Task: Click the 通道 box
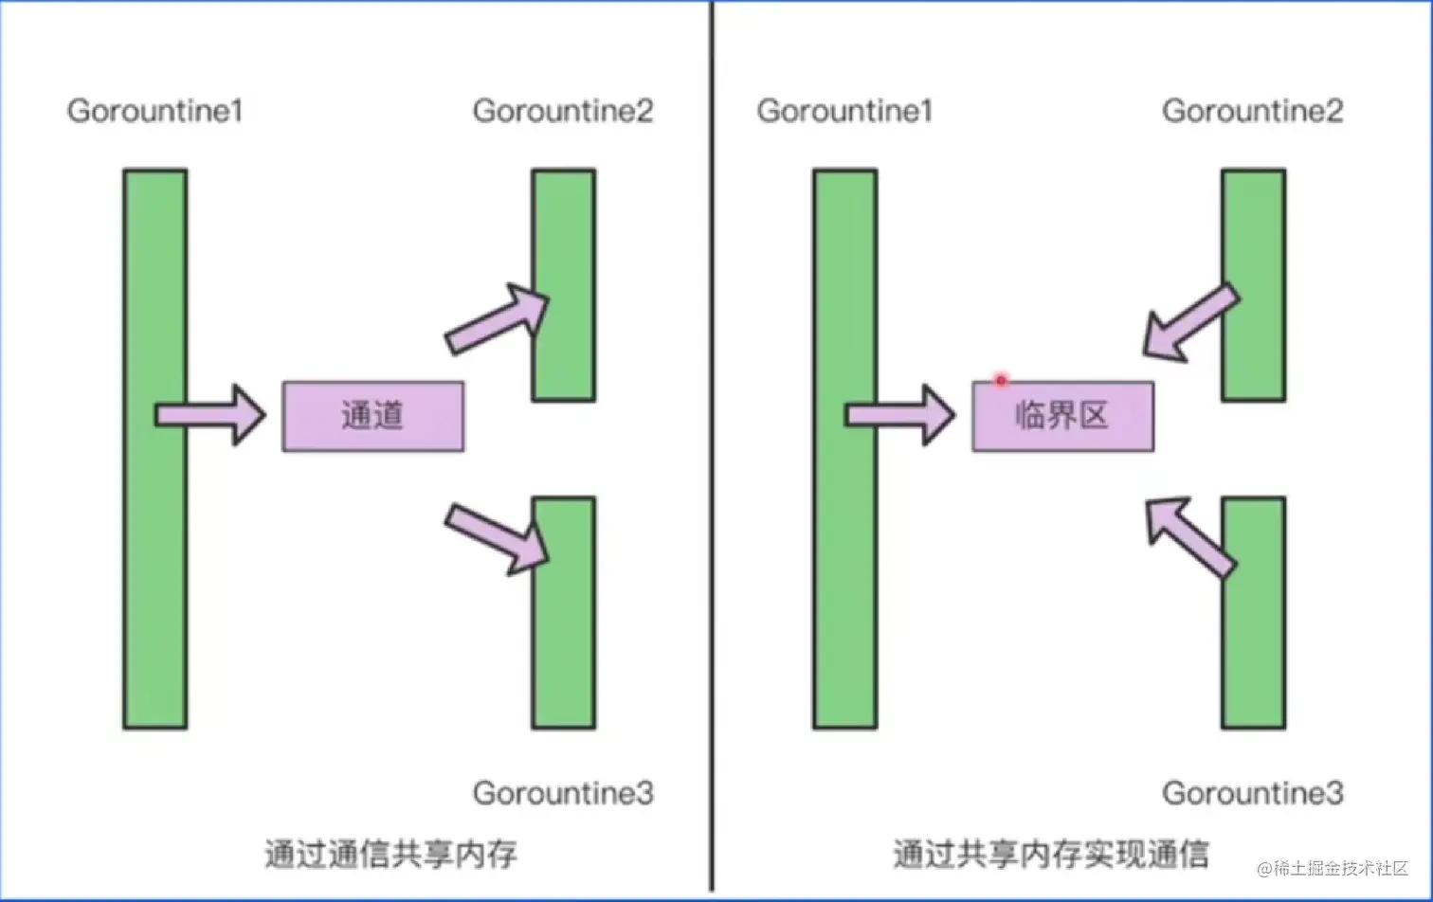373,416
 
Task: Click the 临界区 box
1062,416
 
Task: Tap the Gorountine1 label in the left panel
155,111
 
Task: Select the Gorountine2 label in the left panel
563,111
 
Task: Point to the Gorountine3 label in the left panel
563,793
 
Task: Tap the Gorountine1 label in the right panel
844,111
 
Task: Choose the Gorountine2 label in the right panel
1252,111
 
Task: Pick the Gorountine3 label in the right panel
1252,793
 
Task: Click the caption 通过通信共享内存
390,854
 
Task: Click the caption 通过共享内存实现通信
1050,854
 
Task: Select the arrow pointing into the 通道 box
210,415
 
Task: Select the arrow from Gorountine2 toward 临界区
1189,324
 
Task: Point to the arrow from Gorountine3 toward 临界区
1189,536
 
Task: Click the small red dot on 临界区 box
1000,381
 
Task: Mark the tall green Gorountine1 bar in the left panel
155,568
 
